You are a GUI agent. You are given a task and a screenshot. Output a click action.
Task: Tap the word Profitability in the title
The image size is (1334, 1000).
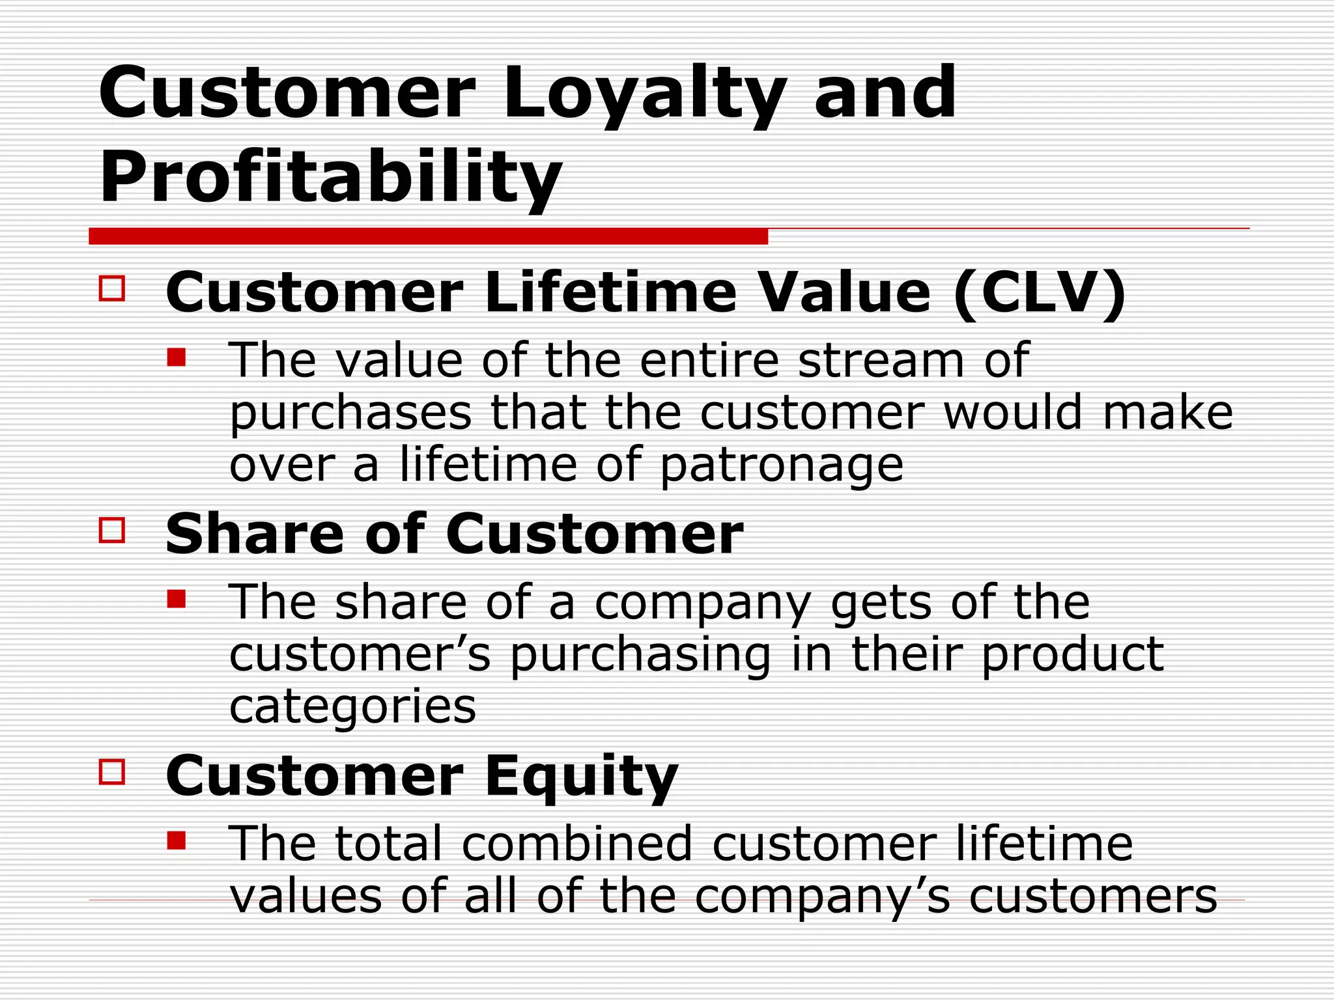pos(330,178)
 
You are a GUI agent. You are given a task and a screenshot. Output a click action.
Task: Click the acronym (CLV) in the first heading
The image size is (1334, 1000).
pos(1039,292)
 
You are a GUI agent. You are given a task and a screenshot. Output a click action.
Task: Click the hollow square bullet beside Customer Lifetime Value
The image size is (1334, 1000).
pos(112,288)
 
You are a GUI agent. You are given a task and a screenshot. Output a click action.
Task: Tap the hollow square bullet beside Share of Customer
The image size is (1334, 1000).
pos(112,530)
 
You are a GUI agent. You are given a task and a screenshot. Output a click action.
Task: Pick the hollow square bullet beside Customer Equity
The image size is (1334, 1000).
pos(112,771)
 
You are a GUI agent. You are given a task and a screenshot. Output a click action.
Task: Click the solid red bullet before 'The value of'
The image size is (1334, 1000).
pos(177,357)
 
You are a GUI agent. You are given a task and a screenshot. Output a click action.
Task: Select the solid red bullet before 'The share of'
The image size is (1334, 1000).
pos(177,598)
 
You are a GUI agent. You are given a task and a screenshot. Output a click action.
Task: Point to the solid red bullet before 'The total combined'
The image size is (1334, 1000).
pos(177,840)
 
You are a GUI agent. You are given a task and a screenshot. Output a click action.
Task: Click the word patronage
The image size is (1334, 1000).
pos(782,465)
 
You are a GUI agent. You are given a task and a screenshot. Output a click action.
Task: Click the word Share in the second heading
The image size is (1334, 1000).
pos(254,534)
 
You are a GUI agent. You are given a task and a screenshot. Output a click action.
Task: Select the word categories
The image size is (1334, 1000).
pos(352,708)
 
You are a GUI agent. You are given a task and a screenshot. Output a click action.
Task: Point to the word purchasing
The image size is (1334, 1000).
pos(640,656)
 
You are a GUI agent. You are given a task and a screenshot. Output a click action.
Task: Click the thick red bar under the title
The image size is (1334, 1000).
pos(428,236)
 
